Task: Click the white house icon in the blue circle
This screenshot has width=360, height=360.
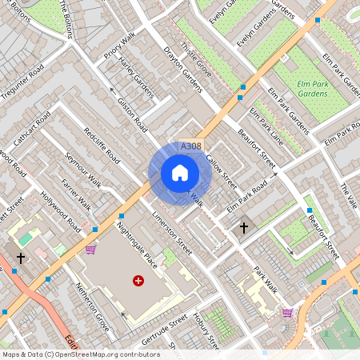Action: (x=179, y=173)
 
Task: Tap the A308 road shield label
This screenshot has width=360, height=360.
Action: (x=190, y=146)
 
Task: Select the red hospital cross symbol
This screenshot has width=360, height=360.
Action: (x=138, y=281)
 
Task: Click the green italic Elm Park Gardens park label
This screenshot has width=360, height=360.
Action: (x=312, y=89)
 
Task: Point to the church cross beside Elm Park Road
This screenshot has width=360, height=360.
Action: (x=244, y=229)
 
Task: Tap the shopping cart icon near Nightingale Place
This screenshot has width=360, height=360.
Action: (x=90, y=249)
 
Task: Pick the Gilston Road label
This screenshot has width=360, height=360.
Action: (x=133, y=115)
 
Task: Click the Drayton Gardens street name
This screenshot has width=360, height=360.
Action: (x=183, y=75)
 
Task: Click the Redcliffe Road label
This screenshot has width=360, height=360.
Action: (x=102, y=146)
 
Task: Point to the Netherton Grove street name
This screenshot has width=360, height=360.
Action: (x=91, y=298)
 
